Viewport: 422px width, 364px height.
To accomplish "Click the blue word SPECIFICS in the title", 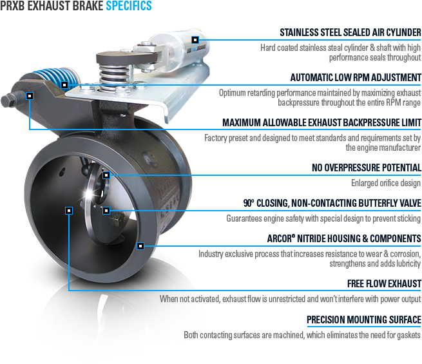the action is click(129, 6).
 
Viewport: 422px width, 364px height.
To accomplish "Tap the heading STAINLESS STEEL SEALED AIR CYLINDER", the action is click(350, 33).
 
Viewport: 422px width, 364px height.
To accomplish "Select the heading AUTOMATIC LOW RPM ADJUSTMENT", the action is click(356, 77).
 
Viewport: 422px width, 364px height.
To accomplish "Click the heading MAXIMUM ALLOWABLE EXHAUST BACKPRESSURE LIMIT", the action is click(321, 122).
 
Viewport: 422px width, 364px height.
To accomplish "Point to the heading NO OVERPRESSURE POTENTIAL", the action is click(367, 168).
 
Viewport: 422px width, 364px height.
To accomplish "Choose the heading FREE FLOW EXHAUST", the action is click(384, 283).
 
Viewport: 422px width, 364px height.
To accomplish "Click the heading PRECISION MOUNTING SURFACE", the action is click(364, 320).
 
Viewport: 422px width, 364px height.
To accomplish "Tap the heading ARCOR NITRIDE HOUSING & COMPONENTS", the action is click(344, 238).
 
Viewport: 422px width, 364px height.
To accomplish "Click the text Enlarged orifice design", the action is click(386, 183).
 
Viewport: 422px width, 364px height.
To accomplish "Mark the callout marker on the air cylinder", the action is click(195, 40).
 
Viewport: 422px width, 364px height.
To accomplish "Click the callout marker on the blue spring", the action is click(64, 85).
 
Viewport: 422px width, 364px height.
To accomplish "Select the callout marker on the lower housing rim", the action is click(140, 246).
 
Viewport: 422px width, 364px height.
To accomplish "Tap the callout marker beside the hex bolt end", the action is click(30, 96).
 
